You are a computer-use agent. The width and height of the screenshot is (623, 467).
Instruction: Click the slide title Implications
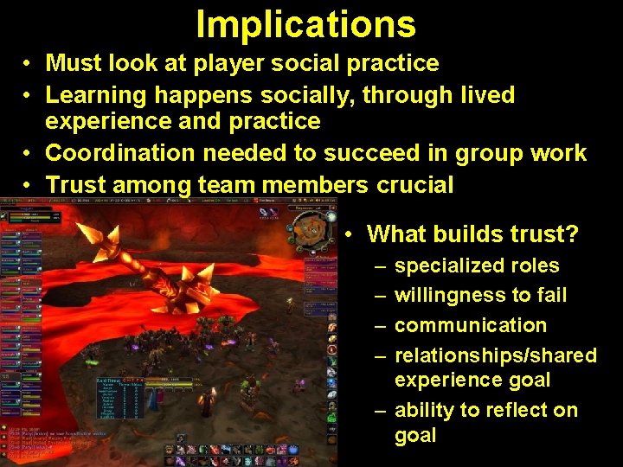point(305,24)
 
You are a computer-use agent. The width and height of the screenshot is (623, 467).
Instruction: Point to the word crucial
point(415,184)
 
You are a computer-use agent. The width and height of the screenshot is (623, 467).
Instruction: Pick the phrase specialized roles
point(477,265)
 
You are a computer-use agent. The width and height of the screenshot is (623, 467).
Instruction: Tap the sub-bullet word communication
point(471,325)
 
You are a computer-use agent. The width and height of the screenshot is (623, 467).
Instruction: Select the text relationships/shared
point(496,355)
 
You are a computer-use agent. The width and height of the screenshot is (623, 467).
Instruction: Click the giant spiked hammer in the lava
point(173,268)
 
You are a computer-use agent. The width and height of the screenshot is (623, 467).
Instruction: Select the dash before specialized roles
point(381,265)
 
